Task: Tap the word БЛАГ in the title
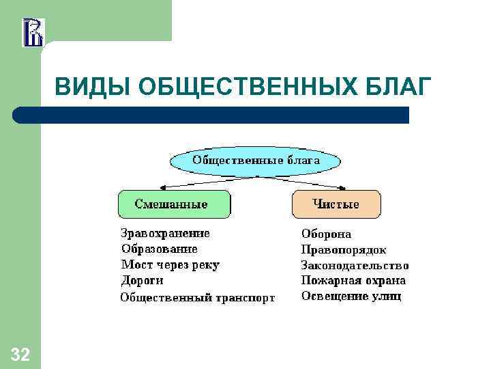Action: (x=402, y=87)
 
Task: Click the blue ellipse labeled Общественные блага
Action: (x=255, y=161)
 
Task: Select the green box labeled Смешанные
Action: (x=174, y=204)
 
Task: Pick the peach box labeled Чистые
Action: (x=336, y=204)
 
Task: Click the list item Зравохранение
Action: (x=165, y=233)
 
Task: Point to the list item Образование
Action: (x=159, y=249)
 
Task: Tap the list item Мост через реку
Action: (x=170, y=264)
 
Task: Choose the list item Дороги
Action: (x=142, y=280)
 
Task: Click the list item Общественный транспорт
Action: (x=198, y=297)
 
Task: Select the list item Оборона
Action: (x=326, y=234)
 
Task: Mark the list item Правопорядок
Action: (x=344, y=249)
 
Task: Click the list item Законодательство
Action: (x=355, y=265)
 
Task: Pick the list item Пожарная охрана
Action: (x=353, y=280)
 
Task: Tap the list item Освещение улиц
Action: (x=351, y=296)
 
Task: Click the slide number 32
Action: (x=20, y=354)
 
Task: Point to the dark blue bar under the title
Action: (x=211, y=115)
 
